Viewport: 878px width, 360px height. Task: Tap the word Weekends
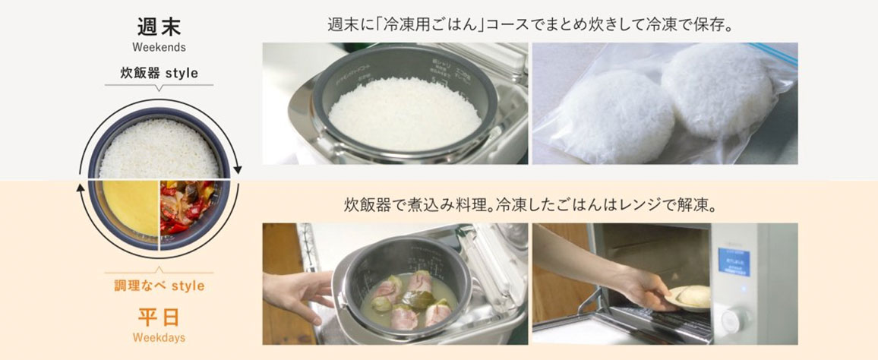pyautogui.click(x=159, y=47)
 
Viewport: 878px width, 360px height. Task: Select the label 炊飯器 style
pyautogui.click(x=159, y=74)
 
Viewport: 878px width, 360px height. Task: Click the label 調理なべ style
pyautogui.click(x=159, y=286)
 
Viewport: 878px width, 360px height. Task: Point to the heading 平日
pyautogui.click(x=159, y=315)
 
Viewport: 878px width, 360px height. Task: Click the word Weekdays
pyautogui.click(x=159, y=336)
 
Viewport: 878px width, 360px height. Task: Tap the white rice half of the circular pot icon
pyautogui.click(x=159, y=148)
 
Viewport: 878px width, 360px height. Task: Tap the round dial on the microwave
pyautogui.click(x=733, y=318)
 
